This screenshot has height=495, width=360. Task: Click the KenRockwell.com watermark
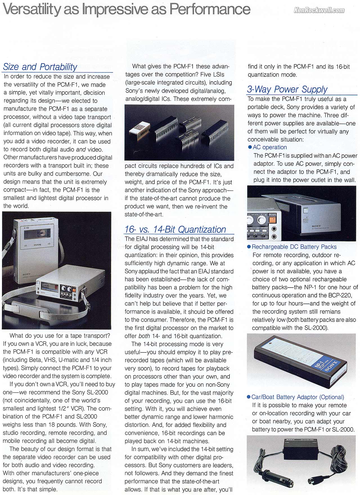tap(319, 10)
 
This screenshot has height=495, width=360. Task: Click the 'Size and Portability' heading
tap(40, 67)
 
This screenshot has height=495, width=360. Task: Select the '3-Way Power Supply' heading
tap(287, 89)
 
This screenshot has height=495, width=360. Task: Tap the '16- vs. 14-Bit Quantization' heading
tap(175, 229)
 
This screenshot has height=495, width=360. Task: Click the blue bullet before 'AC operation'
tap(250, 147)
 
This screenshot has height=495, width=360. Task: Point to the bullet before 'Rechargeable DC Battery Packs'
tap(249, 247)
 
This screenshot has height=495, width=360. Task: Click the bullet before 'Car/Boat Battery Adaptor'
tap(248, 397)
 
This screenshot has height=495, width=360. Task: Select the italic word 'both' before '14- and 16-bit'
tap(144, 336)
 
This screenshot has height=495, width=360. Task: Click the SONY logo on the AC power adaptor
tap(316, 226)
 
